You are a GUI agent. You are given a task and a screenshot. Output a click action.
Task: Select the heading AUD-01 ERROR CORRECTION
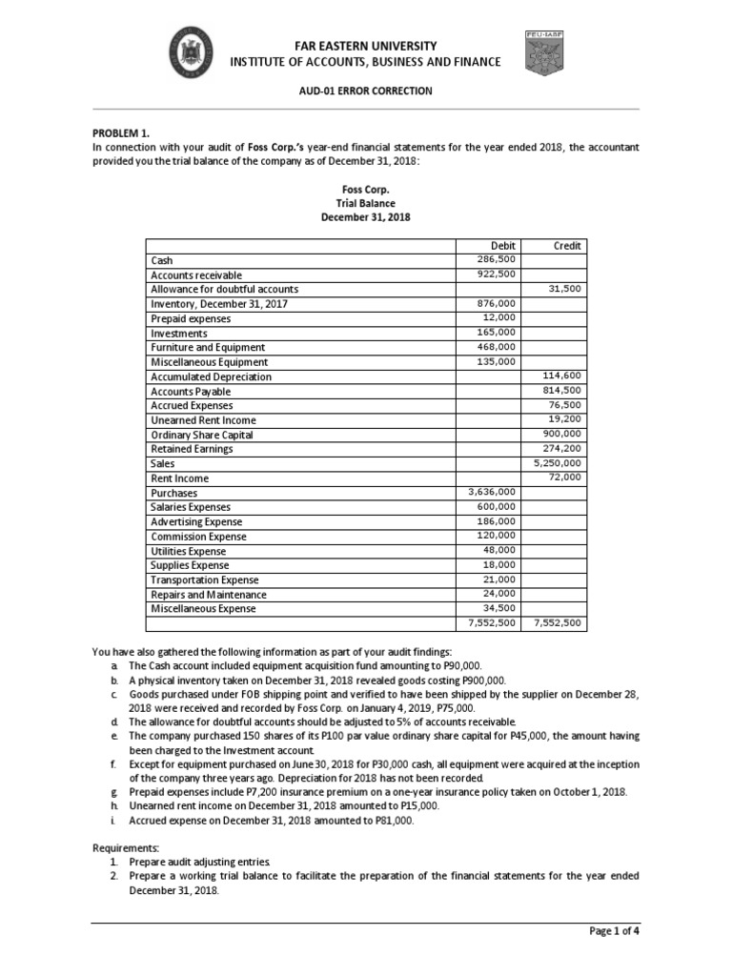click(x=366, y=91)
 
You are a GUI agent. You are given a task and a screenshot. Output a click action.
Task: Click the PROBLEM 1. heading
click(x=121, y=133)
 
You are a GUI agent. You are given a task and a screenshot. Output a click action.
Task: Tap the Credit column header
click(x=567, y=246)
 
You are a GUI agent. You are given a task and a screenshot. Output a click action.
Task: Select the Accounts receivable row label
click(x=196, y=274)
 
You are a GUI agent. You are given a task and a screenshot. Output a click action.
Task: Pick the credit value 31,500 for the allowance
click(x=564, y=289)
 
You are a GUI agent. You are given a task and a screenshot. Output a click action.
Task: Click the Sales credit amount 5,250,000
click(x=558, y=463)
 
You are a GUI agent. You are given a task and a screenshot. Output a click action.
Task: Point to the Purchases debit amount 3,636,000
click(x=492, y=492)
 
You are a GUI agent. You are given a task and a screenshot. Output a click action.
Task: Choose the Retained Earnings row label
click(x=192, y=449)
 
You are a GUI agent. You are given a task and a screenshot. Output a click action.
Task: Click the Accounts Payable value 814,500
click(x=561, y=391)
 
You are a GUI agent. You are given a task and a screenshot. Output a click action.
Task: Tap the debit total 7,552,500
click(x=492, y=623)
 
